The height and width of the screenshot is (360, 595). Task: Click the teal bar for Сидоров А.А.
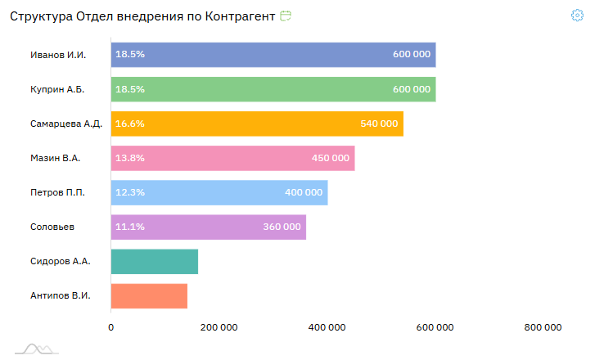pyautogui.click(x=155, y=261)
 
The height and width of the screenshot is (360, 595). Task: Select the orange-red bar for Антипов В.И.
pyautogui.click(x=149, y=295)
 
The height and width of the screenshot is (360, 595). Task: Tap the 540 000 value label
pyautogui.click(x=379, y=124)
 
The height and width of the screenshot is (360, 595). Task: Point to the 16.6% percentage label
pyautogui.click(x=130, y=124)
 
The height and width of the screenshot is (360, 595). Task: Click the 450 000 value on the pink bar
pyautogui.click(x=331, y=158)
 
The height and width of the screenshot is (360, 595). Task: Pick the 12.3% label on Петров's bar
pyautogui.click(x=130, y=192)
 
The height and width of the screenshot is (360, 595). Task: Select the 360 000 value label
pyautogui.click(x=282, y=227)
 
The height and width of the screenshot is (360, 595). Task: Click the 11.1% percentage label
pyautogui.click(x=130, y=227)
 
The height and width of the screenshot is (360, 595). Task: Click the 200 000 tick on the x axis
pyautogui.click(x=219, y=328)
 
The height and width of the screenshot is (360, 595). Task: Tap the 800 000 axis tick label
pyautogui.click(x=543, y=328)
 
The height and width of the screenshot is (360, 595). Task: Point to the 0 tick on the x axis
pyautogui.click(x=111, y=328)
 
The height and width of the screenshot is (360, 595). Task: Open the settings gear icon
pyautogui.click(x=577, y=16)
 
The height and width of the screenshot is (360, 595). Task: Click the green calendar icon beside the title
pyautogui.click(x=286, y=16)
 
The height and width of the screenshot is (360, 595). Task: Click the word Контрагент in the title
pyautogui.click(x=236, y=16)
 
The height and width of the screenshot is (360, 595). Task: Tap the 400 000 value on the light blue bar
pyautogui.click(x=304, y=192)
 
